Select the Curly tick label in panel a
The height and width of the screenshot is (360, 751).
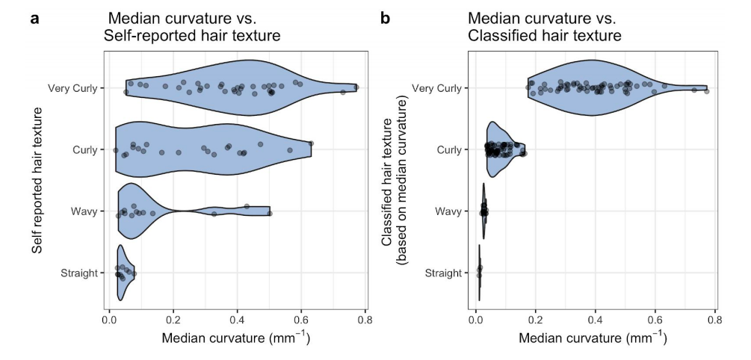pos(85,149)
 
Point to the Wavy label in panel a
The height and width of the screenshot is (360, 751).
pos(84,211)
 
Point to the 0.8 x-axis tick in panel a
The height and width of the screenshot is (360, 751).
pos(365,320)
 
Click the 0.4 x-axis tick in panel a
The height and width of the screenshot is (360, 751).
pos(237,320)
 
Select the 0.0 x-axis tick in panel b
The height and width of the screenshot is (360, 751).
pos(476,320)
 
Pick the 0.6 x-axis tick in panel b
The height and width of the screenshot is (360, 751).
pos(655,320)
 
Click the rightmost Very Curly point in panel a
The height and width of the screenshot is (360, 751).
pos(356,87)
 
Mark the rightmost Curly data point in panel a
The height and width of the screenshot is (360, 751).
pos(311,143)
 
